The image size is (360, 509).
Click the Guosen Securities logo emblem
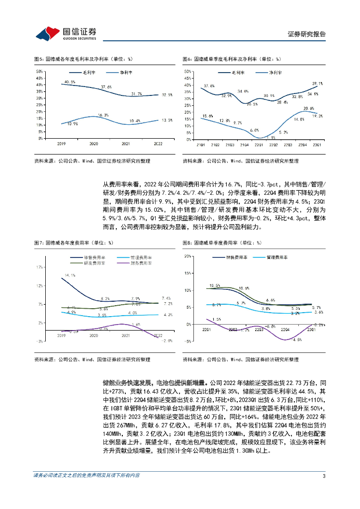pyautogui.click(x=48, y=33)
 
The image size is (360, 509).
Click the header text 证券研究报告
pyautogui.click(x=307, y=34)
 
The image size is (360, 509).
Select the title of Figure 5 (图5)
pyautogui.click(x=83, y=59)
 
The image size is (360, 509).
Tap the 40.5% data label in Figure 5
pyautogui.click(x=70, y=82)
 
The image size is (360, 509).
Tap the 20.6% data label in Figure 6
pyautogui.click(x=308, y=108)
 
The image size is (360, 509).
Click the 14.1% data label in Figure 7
pyautogui.click(x=70, y=275)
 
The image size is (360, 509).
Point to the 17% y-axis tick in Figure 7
pyautogui.click(x=39, y=267)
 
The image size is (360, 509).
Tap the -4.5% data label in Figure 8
pyautogui.click(x=297, y=340)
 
